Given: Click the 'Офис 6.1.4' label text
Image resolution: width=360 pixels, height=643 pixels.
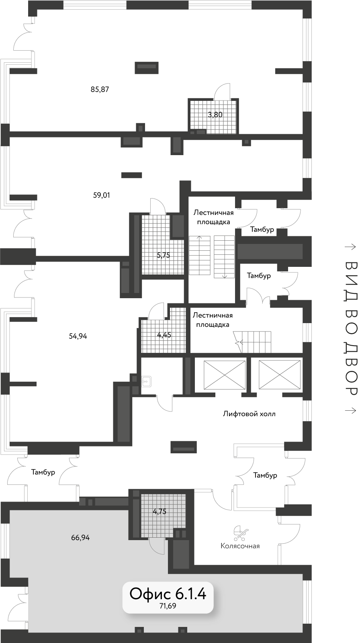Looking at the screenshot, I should coord(168,593).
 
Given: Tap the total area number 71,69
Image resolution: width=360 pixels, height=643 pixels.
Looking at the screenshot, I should coord(168,606).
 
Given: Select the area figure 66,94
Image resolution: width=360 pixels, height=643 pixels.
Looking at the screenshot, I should coord(80,537).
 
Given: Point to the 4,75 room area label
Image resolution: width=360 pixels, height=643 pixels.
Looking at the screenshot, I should coord(160,512).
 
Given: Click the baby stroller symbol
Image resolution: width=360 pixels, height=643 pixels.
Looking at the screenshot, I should coord(241,534).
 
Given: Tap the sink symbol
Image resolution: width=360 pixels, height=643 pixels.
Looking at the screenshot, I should coord(146,381).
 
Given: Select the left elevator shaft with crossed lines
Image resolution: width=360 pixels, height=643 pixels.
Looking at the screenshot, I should coord(225,375).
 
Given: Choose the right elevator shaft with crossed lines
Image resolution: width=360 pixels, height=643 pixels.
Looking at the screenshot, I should coord(279,375).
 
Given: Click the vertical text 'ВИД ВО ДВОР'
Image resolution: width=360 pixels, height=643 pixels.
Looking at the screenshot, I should coord(351,328).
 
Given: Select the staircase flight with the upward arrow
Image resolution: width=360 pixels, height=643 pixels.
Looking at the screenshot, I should coord(200,255).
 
